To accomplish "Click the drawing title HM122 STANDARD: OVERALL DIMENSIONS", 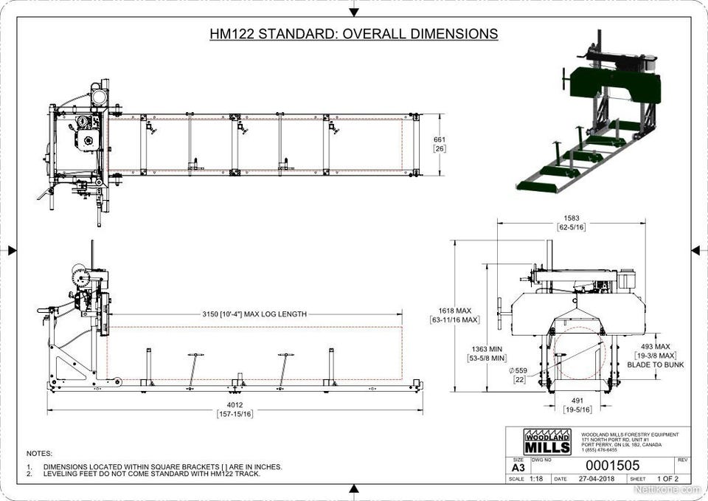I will pos(353,34).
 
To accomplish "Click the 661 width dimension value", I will pos(440,139).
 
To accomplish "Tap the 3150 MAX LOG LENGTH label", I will pos(254,314).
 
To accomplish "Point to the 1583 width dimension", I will pos(571,218).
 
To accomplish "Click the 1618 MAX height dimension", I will pos(454,311).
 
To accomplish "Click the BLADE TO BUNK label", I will pos(655,364).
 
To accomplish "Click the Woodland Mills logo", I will pos(546,441).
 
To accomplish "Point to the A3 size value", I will pos(518,466).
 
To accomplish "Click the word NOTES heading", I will pos(39,453).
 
